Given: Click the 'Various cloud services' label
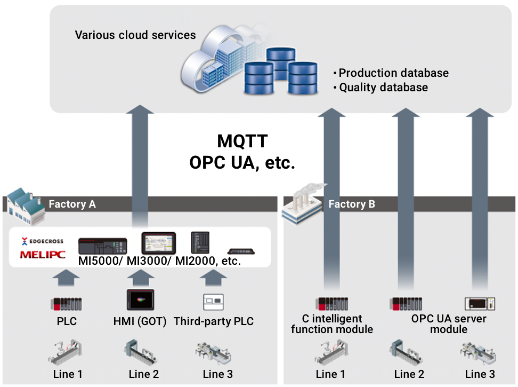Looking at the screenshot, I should click(x=135, y=35).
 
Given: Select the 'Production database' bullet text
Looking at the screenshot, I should click(x=393, y=73).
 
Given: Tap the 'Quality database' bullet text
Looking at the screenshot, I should click(x=383, y=87).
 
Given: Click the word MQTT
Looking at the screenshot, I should click(x=242, y=141).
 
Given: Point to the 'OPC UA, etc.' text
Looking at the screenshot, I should click(x=242, y=162).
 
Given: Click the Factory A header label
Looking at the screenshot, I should click(x=72, y=204).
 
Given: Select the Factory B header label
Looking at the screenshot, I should click(x=351, y=204).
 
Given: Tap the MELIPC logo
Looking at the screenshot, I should click(x=43, y=255).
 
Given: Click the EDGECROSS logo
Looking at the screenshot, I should click(x=43, y=241).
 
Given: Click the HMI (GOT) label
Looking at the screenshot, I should click(x=140, y=321).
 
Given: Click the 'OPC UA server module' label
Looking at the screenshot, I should click(x=449, y=324).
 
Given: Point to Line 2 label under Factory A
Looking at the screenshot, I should click(x=143, y=374).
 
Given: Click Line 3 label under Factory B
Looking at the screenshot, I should click(x=480, y=374).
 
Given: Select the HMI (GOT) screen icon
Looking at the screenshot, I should click(x=140, y=300).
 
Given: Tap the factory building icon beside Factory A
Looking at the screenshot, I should click(x=25, y=202).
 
